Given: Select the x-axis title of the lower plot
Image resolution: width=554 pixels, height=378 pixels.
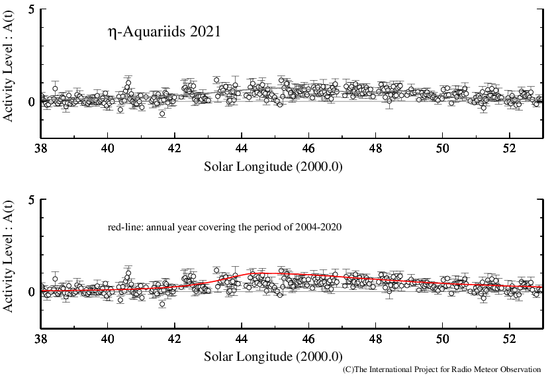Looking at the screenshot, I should coord(273,356).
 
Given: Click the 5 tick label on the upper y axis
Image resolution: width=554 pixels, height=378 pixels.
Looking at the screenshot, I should coord(31,9).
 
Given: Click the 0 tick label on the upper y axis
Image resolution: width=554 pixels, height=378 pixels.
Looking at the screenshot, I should coord(31,102).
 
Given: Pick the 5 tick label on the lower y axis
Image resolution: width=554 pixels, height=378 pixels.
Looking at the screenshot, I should coord(31,199).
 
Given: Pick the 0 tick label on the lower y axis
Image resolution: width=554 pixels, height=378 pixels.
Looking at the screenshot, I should coord(31,292).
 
